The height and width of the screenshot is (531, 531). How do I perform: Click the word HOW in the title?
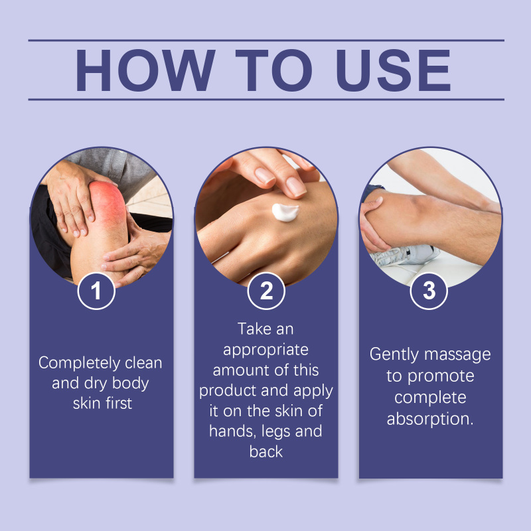145,70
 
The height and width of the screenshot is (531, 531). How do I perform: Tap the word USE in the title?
393,70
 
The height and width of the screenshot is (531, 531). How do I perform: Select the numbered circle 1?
96,291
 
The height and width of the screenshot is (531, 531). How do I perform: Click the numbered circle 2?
266,291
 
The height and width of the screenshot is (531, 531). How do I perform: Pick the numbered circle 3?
429,291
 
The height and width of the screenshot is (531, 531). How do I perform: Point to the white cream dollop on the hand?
285,212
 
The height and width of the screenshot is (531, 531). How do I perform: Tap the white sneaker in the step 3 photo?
405,255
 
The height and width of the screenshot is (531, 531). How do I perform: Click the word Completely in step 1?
79,363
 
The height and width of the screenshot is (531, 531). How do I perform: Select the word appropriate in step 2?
265,350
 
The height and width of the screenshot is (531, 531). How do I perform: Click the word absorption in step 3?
429,419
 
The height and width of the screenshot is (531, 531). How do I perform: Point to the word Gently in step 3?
394,355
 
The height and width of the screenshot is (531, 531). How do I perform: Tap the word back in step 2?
266,452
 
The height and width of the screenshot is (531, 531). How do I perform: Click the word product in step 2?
228,391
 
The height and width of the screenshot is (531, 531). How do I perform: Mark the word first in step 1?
119,404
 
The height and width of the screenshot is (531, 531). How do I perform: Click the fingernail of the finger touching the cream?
295,187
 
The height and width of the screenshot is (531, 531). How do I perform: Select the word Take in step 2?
252,329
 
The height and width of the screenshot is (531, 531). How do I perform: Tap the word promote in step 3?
441,376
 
